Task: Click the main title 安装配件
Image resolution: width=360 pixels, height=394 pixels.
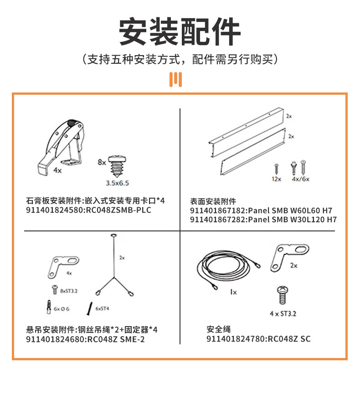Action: click(180, 31)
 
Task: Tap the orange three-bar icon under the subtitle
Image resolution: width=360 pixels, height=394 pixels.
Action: click(175, 79)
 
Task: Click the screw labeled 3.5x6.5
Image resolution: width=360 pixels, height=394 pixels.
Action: click(117, 166)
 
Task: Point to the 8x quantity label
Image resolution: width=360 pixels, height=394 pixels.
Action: click(102, 162)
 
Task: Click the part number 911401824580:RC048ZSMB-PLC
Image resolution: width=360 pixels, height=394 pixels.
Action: click(88, 210)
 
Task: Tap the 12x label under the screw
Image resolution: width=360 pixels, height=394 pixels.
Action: click(276, 179)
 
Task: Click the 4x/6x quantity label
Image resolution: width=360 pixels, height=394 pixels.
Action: click(301, 179)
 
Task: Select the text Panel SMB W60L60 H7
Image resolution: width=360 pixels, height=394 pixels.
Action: click(290, 210)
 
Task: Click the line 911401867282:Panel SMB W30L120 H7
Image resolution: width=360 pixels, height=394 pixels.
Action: click(263, 220)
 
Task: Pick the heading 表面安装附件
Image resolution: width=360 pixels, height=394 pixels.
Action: click(213, 201)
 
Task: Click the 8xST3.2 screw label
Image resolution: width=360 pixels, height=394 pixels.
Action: click(69, 291)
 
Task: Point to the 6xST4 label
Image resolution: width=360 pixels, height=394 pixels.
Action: click(103, 308)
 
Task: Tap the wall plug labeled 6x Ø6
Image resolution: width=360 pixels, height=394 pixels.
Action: click(49, 307)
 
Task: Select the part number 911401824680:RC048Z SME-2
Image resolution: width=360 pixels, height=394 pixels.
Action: click(85, 339)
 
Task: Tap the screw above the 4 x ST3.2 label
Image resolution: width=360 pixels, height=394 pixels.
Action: click(283, 295)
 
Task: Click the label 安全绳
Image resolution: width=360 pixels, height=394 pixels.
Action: click(218, 329)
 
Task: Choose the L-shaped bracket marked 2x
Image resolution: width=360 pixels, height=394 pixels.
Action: click(289, 257)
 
